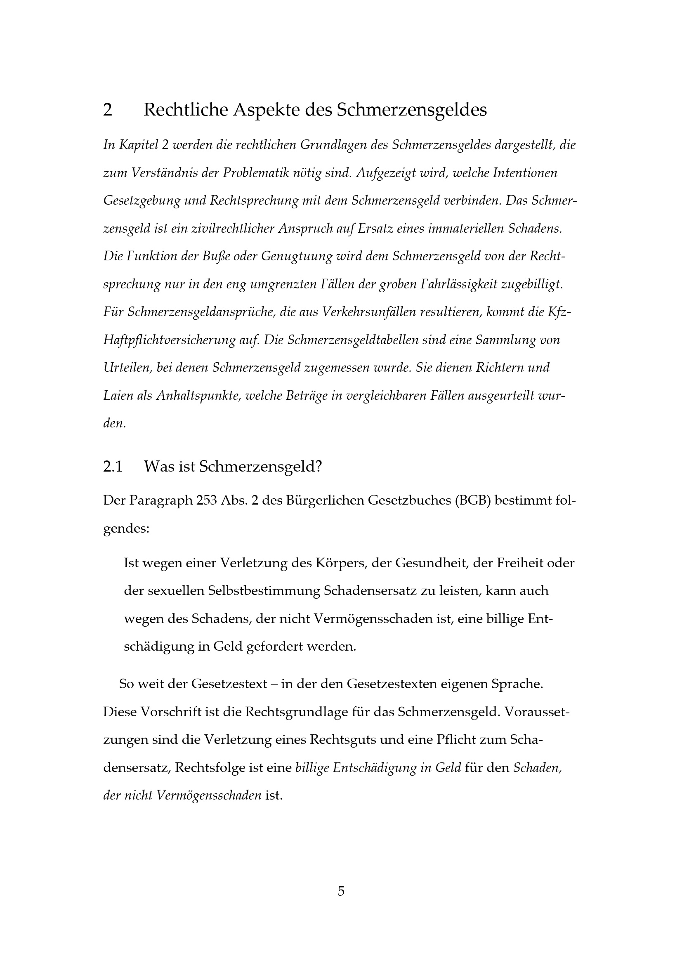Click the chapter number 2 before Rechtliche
[x=108, y=110]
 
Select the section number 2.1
[x=113, y=467]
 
